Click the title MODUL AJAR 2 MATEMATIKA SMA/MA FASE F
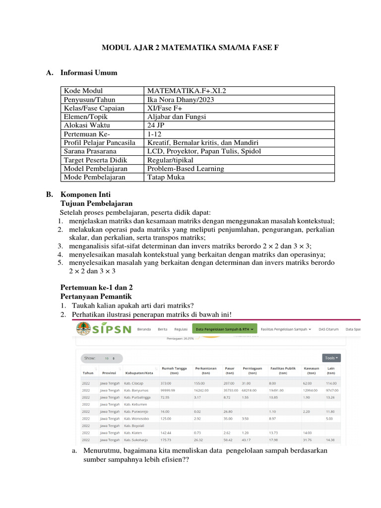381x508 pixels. click(190, 48)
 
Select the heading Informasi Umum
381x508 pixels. click(89, 73)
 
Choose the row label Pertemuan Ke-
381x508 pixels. click(86, 134)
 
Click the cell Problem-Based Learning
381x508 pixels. click(186, 168)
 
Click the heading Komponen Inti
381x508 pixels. click(85, 194)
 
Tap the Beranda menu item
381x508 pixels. click(144, 329)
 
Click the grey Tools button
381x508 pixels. click(331, 357)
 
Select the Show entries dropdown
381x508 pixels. click(109, 358)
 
